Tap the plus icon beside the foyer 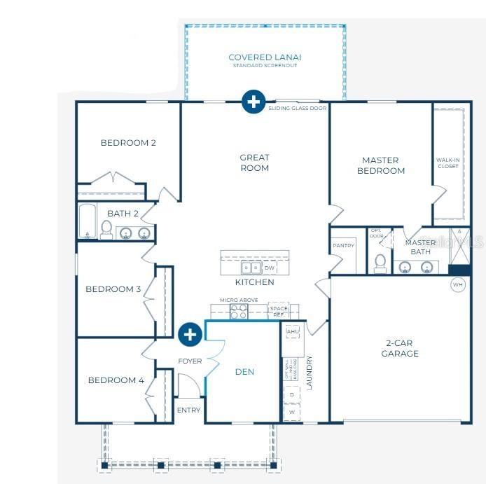(189, 335)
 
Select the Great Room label (254, 163)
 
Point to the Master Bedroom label (381, 165)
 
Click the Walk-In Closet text (447, 163)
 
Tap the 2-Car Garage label (400, 349)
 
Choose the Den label (244, 372)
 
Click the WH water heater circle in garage (458, 285)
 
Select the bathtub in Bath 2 (88, 221)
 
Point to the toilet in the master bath (380, 263)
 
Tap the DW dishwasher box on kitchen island (269, 268)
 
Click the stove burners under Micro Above (239, 312)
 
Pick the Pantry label (343, 246)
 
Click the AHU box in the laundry (293, 331)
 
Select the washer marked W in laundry (292, 412)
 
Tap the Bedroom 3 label (113, 289)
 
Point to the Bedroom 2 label (128, 143)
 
